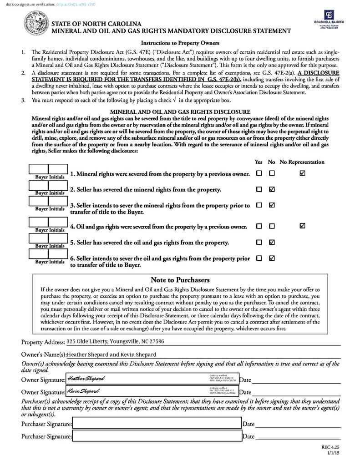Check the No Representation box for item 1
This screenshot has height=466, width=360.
pos(303,173)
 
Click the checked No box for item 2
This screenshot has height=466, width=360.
pos(272,189)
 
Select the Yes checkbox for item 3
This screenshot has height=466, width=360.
pos(259,205)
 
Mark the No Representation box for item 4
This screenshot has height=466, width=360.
pos(303,226)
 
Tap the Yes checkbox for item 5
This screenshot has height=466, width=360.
pos(259,242)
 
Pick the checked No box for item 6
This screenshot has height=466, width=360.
pos(272,258)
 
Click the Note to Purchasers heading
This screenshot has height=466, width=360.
pos(180,280)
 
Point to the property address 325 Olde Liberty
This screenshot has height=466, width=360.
pos(115,341)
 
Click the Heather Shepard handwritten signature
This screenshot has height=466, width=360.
pos(86,379)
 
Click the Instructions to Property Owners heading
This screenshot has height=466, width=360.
pos(180,43)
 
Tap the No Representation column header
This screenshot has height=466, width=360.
pos(302,162)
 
